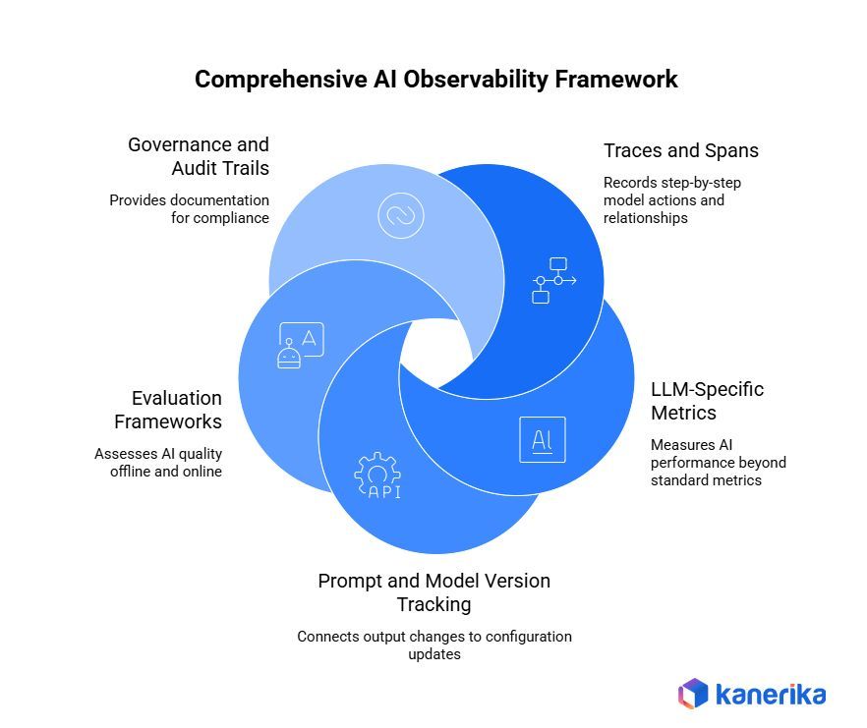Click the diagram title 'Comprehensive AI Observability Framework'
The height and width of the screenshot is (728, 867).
coord(435,80)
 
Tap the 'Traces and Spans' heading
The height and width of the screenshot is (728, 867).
coord(680,151)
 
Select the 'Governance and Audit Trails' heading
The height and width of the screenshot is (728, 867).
coord(199,156)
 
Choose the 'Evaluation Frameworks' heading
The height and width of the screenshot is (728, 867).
coord(168,410)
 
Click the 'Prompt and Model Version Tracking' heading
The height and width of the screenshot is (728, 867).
coord(433,591)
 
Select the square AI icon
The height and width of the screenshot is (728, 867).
coord(542,439)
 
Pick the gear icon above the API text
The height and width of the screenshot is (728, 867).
coord(377,471)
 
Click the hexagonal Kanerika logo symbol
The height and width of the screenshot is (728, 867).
coord(693,694)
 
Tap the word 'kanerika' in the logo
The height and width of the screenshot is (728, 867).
coord(771,695)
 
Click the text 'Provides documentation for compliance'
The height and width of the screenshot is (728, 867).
coord(189,208)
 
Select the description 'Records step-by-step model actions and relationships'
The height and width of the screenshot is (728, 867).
coord(664,199)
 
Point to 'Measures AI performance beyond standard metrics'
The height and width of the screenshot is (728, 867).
coord(718,463)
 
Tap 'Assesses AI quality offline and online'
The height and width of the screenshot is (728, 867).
coord(158,462)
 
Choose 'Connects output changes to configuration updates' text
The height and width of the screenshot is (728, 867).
coord(433,644)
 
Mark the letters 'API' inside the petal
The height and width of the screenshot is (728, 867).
coord(383,492)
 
